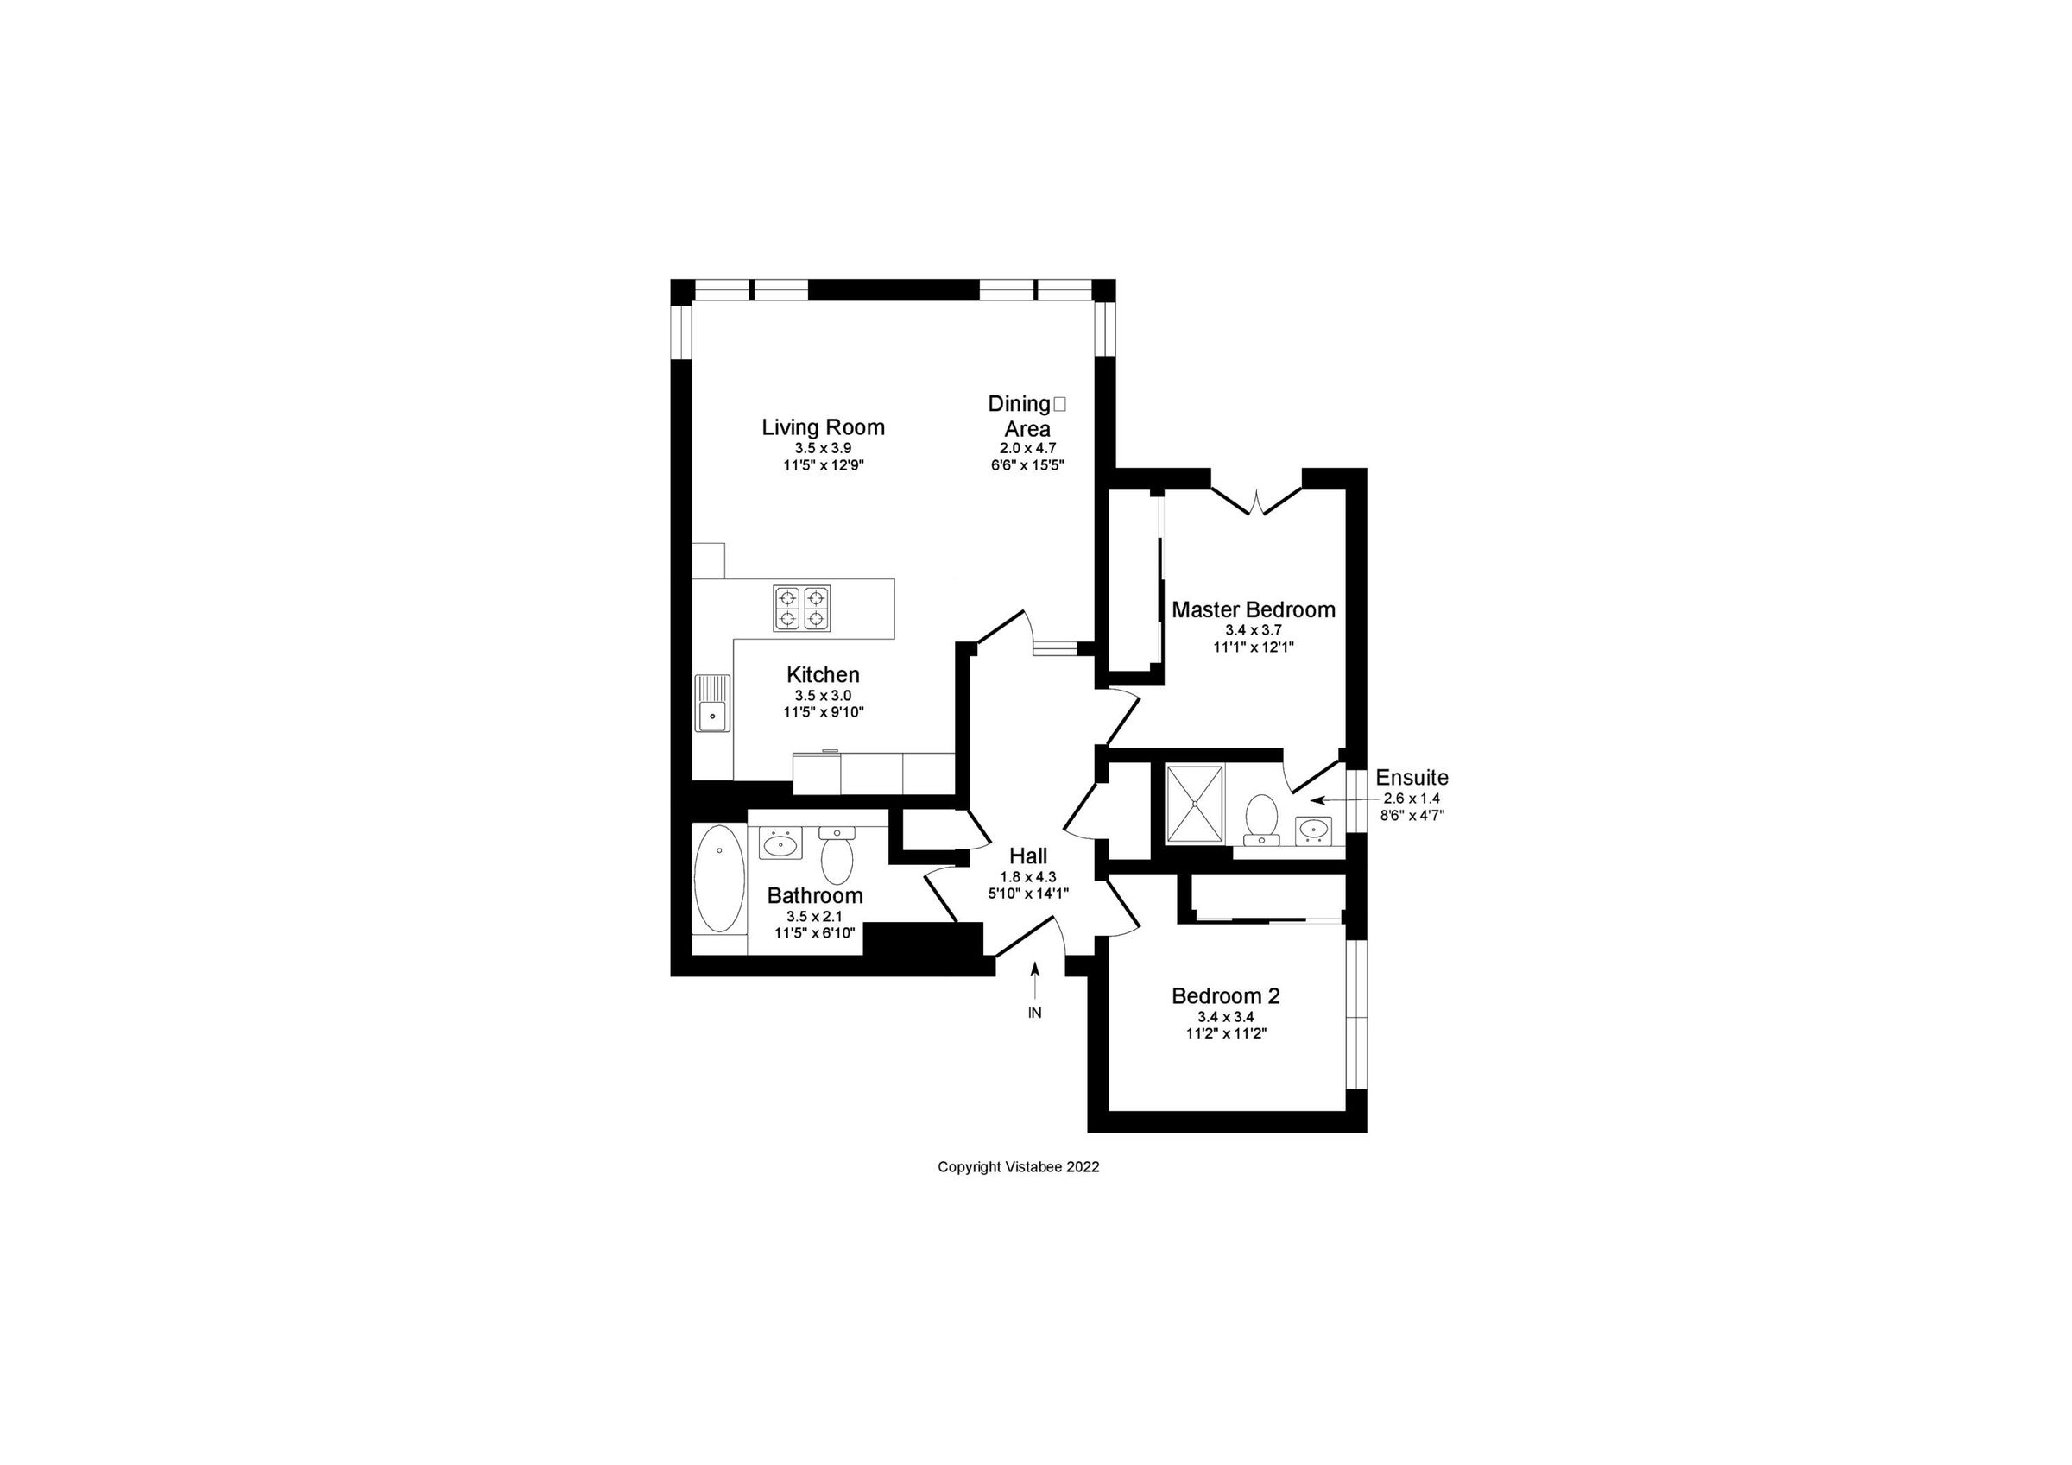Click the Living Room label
(823, 427)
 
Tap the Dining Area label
(1027, 416)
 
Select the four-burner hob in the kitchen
(801, 608)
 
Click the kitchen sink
(712, 704)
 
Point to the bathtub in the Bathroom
(719, 878)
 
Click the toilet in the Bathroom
(837, 857)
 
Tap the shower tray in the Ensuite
(1194, 805)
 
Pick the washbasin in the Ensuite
(1313, 830)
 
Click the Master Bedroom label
(1254, 609)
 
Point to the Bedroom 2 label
(1226, 995)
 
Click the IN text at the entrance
(1035, 1013)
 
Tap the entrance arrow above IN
(1035, 979)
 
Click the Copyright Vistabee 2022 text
(1018, 1166)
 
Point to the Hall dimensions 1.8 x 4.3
(1028, 876)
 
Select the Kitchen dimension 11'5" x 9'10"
(823, 712)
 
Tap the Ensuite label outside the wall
(1412, 777)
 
